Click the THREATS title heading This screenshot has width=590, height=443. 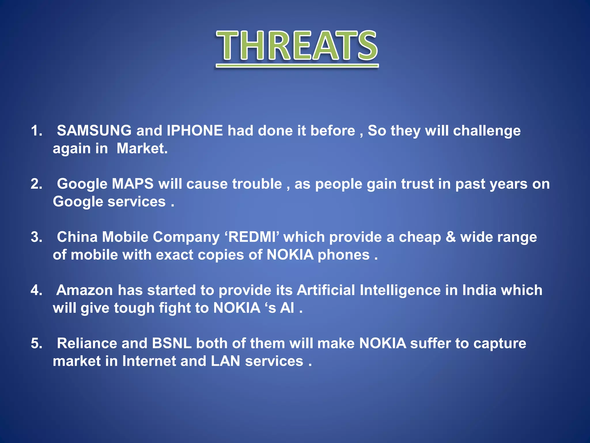[297, 46]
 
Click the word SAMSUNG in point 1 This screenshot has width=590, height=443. [94, 131]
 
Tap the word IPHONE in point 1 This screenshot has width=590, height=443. [195, 131]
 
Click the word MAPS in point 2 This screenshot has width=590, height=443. [133, 184]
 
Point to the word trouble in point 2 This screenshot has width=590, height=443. [257, 184]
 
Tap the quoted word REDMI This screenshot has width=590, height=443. [252, 237]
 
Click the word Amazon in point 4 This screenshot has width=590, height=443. [84, 290]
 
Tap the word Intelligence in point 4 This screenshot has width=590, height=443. [400, 290]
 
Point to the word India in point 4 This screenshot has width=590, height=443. [479, 290]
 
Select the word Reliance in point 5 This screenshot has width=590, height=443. [87, 343]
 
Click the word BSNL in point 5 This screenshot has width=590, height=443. [172, 343]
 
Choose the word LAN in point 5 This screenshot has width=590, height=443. [225, 361]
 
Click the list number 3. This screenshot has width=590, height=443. [36, 237]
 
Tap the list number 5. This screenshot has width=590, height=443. [36, 343]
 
